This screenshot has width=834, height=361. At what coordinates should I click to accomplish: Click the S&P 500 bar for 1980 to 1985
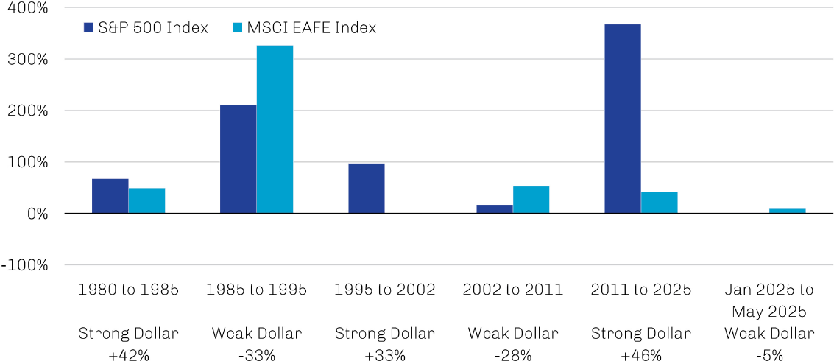click(110, 196)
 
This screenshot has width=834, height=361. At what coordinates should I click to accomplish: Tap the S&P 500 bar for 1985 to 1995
click(238, 159)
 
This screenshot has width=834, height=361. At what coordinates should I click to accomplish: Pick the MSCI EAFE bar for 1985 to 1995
click(275, 130)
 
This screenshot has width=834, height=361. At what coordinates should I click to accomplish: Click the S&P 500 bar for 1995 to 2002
click(366, 189)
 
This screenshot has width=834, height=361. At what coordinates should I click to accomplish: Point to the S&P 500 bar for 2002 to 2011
click(494, 209)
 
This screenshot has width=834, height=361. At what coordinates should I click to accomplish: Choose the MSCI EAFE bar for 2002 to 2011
click(531, 200)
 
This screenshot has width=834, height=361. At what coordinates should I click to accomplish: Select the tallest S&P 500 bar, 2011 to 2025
click(622, 119)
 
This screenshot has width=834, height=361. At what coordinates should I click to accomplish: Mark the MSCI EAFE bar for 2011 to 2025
click(659, 203)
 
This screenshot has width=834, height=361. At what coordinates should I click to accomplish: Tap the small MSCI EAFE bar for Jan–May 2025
click(787, 211)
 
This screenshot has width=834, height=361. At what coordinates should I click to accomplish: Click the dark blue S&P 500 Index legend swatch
click(88, 28)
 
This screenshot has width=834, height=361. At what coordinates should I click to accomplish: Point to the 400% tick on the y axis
click(26, 8)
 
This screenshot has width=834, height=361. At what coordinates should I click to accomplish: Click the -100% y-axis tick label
click(24, 265)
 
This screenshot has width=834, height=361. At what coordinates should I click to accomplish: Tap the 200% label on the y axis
click(26, 111)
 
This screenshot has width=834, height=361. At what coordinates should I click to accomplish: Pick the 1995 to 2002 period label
click(385, 290)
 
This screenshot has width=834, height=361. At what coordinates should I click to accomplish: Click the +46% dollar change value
click(641, 355)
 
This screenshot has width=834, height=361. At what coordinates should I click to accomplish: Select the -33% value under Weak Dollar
click(257, 355)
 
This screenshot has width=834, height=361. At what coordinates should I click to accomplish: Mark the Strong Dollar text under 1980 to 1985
click(129, 334)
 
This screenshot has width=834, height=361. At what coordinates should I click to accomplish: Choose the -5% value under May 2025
click(769, 355)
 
